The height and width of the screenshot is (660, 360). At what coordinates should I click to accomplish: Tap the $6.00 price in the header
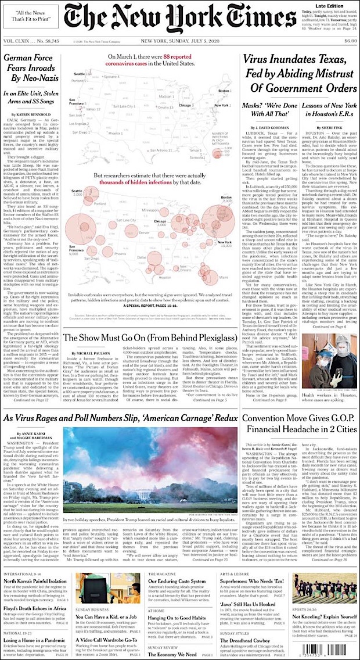click(350, 41)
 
